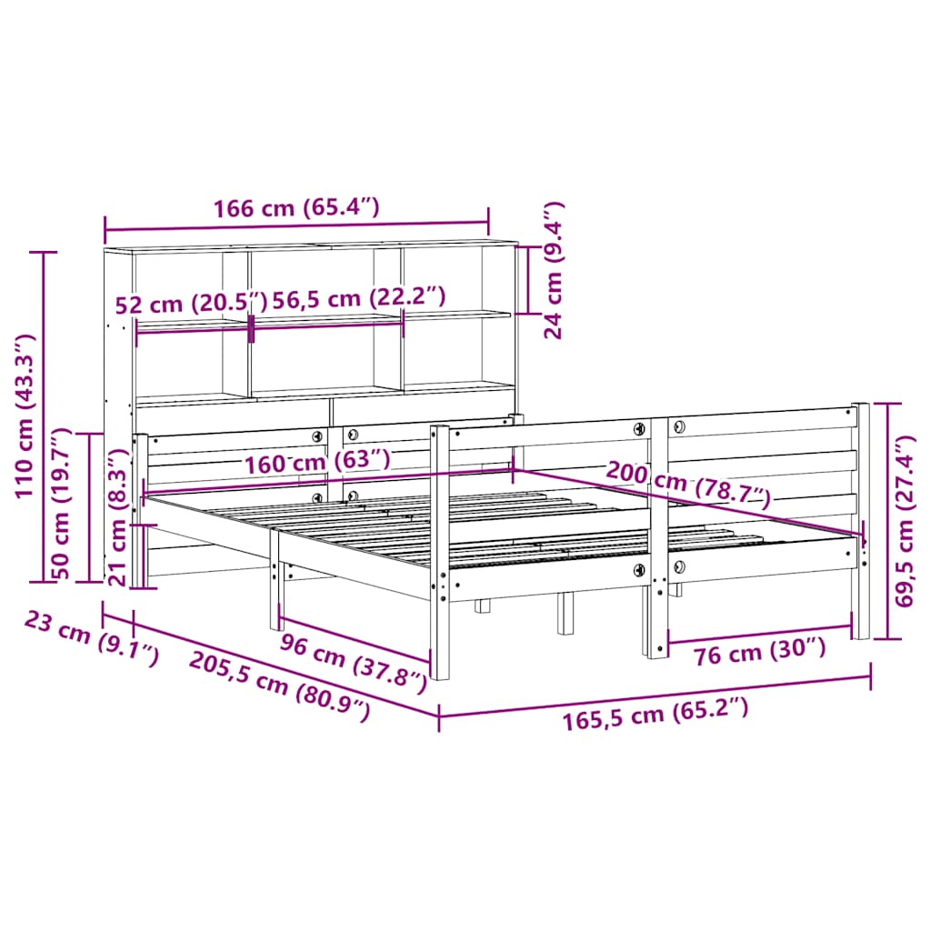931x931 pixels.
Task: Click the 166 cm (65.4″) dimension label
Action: point(295,208)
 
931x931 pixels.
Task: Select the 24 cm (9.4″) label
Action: point(554,270)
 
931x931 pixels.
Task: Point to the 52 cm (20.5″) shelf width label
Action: point(192,303)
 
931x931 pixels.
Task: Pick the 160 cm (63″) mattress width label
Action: point(317,461)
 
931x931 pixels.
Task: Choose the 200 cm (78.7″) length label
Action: point(688,484)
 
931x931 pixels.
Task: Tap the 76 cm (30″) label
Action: point(759,650)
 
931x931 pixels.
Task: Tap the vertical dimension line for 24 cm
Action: point(528,279)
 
